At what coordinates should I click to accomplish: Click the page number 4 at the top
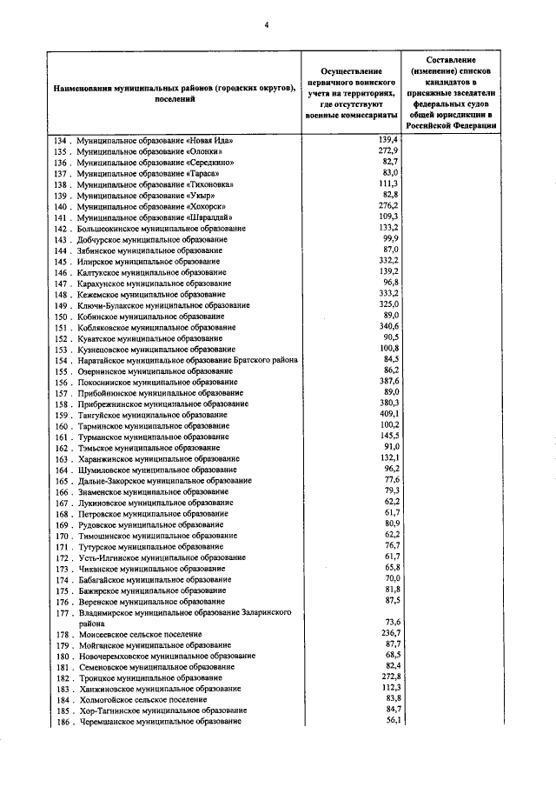tap(267, 24)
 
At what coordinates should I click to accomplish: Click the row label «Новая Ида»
tap(155, 140)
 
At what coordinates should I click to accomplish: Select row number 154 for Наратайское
tap(61, 360)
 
